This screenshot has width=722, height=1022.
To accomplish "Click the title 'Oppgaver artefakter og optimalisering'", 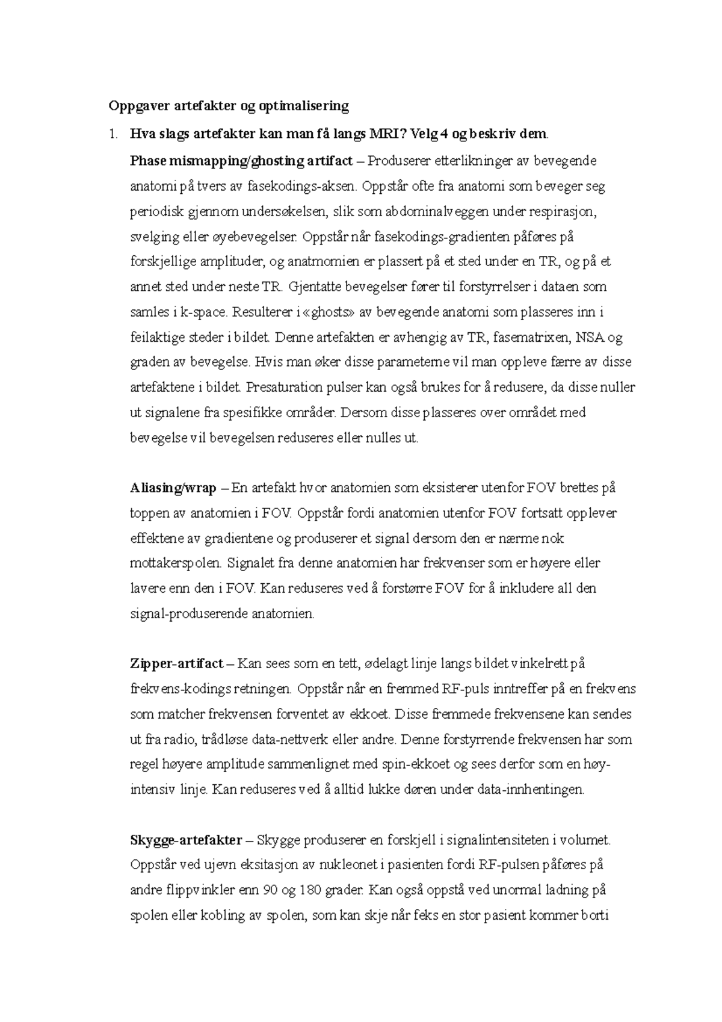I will click(228, 107).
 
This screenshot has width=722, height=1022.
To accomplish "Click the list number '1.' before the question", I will click(113, 134).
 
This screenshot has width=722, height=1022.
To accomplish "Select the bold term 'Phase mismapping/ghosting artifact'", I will click(241, 161).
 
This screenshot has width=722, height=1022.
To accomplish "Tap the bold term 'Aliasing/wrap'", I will click(173, 488).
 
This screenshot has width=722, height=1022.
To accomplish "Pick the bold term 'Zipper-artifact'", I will click(176, 664).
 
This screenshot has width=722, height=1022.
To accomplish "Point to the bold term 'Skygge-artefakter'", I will click(186, 840).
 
